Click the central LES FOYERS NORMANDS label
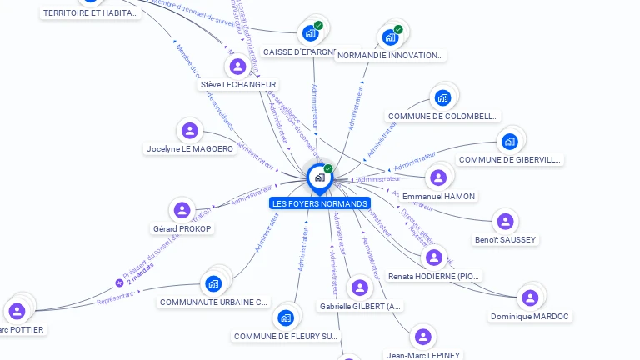[x=320, y=203]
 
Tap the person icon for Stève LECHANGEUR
[x=238, y=66]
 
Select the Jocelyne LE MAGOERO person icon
[x=190, y=130]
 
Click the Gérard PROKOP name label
[x=182, y=228]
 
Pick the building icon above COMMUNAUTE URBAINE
[x=213, y=283]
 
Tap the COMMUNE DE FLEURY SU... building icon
[x=286, y=317]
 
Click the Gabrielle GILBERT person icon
[x=360, y=287]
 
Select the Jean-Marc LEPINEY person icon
[x=423, y=337]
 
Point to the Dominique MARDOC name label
[x=530, y=317]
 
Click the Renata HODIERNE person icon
[x=433, y=257]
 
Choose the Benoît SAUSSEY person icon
[x=505, y=221]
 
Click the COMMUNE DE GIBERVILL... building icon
[x=510, y=141]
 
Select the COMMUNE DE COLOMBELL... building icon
[x=442, y=97]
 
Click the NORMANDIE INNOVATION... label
[x=390, y=56]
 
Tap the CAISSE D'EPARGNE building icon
[x=311, y=33]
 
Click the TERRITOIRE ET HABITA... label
[x=90, y=13]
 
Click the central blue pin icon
[x=319, y=177]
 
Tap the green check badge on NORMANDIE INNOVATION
[x=398, y=30]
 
